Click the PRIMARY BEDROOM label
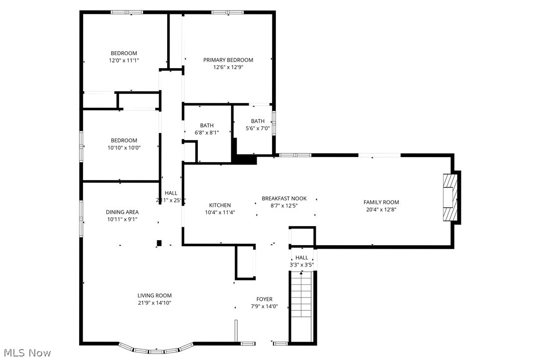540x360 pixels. pos(228,60)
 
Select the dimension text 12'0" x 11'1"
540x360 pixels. pos(124,61)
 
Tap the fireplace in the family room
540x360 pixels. pos(450,197)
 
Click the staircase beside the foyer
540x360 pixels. pos(301,306)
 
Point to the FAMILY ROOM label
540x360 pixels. pos(381,202)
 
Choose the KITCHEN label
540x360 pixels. pos(220,205)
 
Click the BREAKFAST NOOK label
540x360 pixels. pos(284,198)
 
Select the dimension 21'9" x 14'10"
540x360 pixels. pos(155,303)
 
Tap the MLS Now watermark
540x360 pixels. pos(26,353)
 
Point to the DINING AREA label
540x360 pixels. pos(122,212)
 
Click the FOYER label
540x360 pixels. pos(265,299)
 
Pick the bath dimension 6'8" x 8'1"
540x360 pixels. pos(207,133)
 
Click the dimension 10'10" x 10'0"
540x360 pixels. pos(124,148)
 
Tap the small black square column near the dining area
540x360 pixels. pos(159,243)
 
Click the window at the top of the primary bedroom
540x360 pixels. pos(227,12)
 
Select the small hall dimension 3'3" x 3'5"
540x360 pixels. pos(302,265)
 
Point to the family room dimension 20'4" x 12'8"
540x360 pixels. pos(381,209)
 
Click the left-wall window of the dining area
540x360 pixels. pos(82,217)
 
